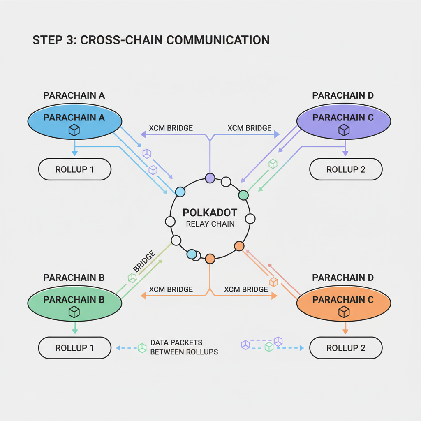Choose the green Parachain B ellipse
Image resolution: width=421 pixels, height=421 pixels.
(x=74, y=303)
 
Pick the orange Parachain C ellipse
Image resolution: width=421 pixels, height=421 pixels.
(x=343, y=303)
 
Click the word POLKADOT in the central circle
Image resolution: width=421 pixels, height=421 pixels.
(x=210, y=213)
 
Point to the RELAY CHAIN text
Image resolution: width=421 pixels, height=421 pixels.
(x=210, y=224)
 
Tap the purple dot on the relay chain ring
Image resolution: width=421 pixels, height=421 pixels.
(x=210, y=178)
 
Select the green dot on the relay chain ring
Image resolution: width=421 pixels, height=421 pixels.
(x=243, y=195)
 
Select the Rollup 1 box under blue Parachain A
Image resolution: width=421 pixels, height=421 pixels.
(x=74, y=169)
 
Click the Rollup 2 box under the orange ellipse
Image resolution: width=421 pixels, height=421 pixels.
(x=346, y=348)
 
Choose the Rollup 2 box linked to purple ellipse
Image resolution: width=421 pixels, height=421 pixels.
(x=346, y=169)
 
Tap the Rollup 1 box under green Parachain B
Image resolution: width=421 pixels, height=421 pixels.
(x=74, y=348)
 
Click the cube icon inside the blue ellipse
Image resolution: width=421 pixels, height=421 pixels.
(x=74, y=130)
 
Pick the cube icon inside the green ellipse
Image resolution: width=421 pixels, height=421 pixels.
(x=74, y=312)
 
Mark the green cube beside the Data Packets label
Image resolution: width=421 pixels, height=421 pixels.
(x=142, y=348)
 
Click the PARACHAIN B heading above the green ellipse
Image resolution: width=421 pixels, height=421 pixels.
(x=74, y=278)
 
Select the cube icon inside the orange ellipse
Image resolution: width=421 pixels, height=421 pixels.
(x=343, y=312)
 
